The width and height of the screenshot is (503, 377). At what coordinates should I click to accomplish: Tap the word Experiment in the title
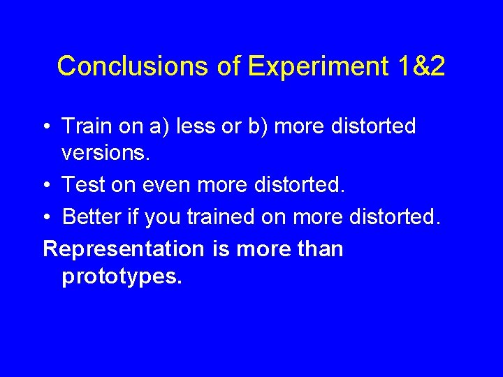click(318, 66)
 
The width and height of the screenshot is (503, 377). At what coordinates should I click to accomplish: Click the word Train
click(85, 126)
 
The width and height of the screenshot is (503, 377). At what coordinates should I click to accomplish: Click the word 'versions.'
click(105, 154)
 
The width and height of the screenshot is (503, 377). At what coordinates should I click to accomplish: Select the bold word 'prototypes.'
click(122, 277)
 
